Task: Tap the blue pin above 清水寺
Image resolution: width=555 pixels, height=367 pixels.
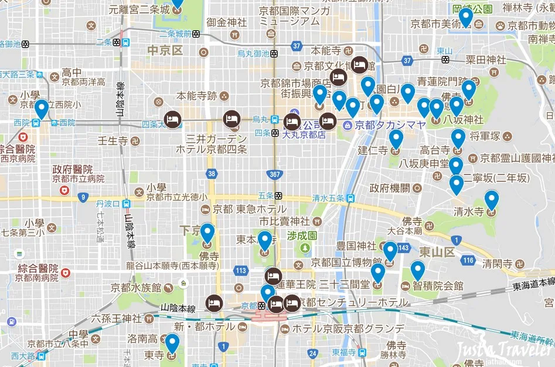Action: click(491, 200)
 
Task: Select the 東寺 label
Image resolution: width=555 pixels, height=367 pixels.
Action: click(155, 356)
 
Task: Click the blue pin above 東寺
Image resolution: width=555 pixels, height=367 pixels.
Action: click(172, 343)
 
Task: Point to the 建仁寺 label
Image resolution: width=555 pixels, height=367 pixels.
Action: click(373, 150)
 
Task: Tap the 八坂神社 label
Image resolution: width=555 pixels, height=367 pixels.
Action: click(463, 120)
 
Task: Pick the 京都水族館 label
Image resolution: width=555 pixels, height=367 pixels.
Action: click(135, 288)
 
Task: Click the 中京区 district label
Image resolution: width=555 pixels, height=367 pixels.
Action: click(165, 50)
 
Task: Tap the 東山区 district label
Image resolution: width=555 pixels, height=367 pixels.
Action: click(437, 252)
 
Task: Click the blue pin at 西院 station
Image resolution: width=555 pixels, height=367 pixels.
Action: click(41, 109)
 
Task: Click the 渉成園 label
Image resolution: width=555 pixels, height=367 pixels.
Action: click(302, 235)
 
